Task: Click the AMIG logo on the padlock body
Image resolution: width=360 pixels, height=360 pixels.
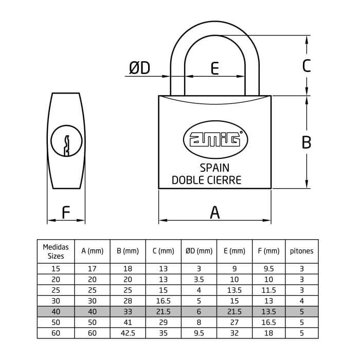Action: coord(215,139)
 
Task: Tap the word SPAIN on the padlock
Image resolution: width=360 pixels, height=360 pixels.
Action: coord(214,168)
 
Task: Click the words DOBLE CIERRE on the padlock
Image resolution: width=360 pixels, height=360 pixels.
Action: coord(207,180)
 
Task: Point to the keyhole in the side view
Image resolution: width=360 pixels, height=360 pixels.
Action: coord(66,141)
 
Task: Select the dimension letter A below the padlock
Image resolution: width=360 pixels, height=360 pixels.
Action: coord(215,212)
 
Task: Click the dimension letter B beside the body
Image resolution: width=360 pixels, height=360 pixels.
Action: coord(307,142)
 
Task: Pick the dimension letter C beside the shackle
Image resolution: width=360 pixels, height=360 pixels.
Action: coord(307,66)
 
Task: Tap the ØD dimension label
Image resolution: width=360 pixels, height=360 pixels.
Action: coord(139,68)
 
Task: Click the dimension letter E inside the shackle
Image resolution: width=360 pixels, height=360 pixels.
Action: coord(214,68)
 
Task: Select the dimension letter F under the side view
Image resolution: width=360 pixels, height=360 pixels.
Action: coord(66,212)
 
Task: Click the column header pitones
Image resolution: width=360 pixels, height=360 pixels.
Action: coord(302,251)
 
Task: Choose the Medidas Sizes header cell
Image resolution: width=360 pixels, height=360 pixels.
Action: coord(56,251)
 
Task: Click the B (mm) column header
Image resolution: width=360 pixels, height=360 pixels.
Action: coord(128,251)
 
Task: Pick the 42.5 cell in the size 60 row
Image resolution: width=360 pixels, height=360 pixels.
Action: coord(128,333)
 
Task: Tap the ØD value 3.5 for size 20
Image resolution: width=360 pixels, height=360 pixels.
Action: coord(199,279)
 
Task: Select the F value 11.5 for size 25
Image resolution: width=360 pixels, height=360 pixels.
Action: coord(268,290)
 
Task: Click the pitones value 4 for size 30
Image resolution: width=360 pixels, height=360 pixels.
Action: coord(302,301)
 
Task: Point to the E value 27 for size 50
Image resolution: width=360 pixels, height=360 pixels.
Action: coord(235,322)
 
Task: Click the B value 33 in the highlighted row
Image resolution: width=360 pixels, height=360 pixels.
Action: coord(128,312)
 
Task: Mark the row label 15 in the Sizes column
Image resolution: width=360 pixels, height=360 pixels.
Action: coord(56,268)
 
